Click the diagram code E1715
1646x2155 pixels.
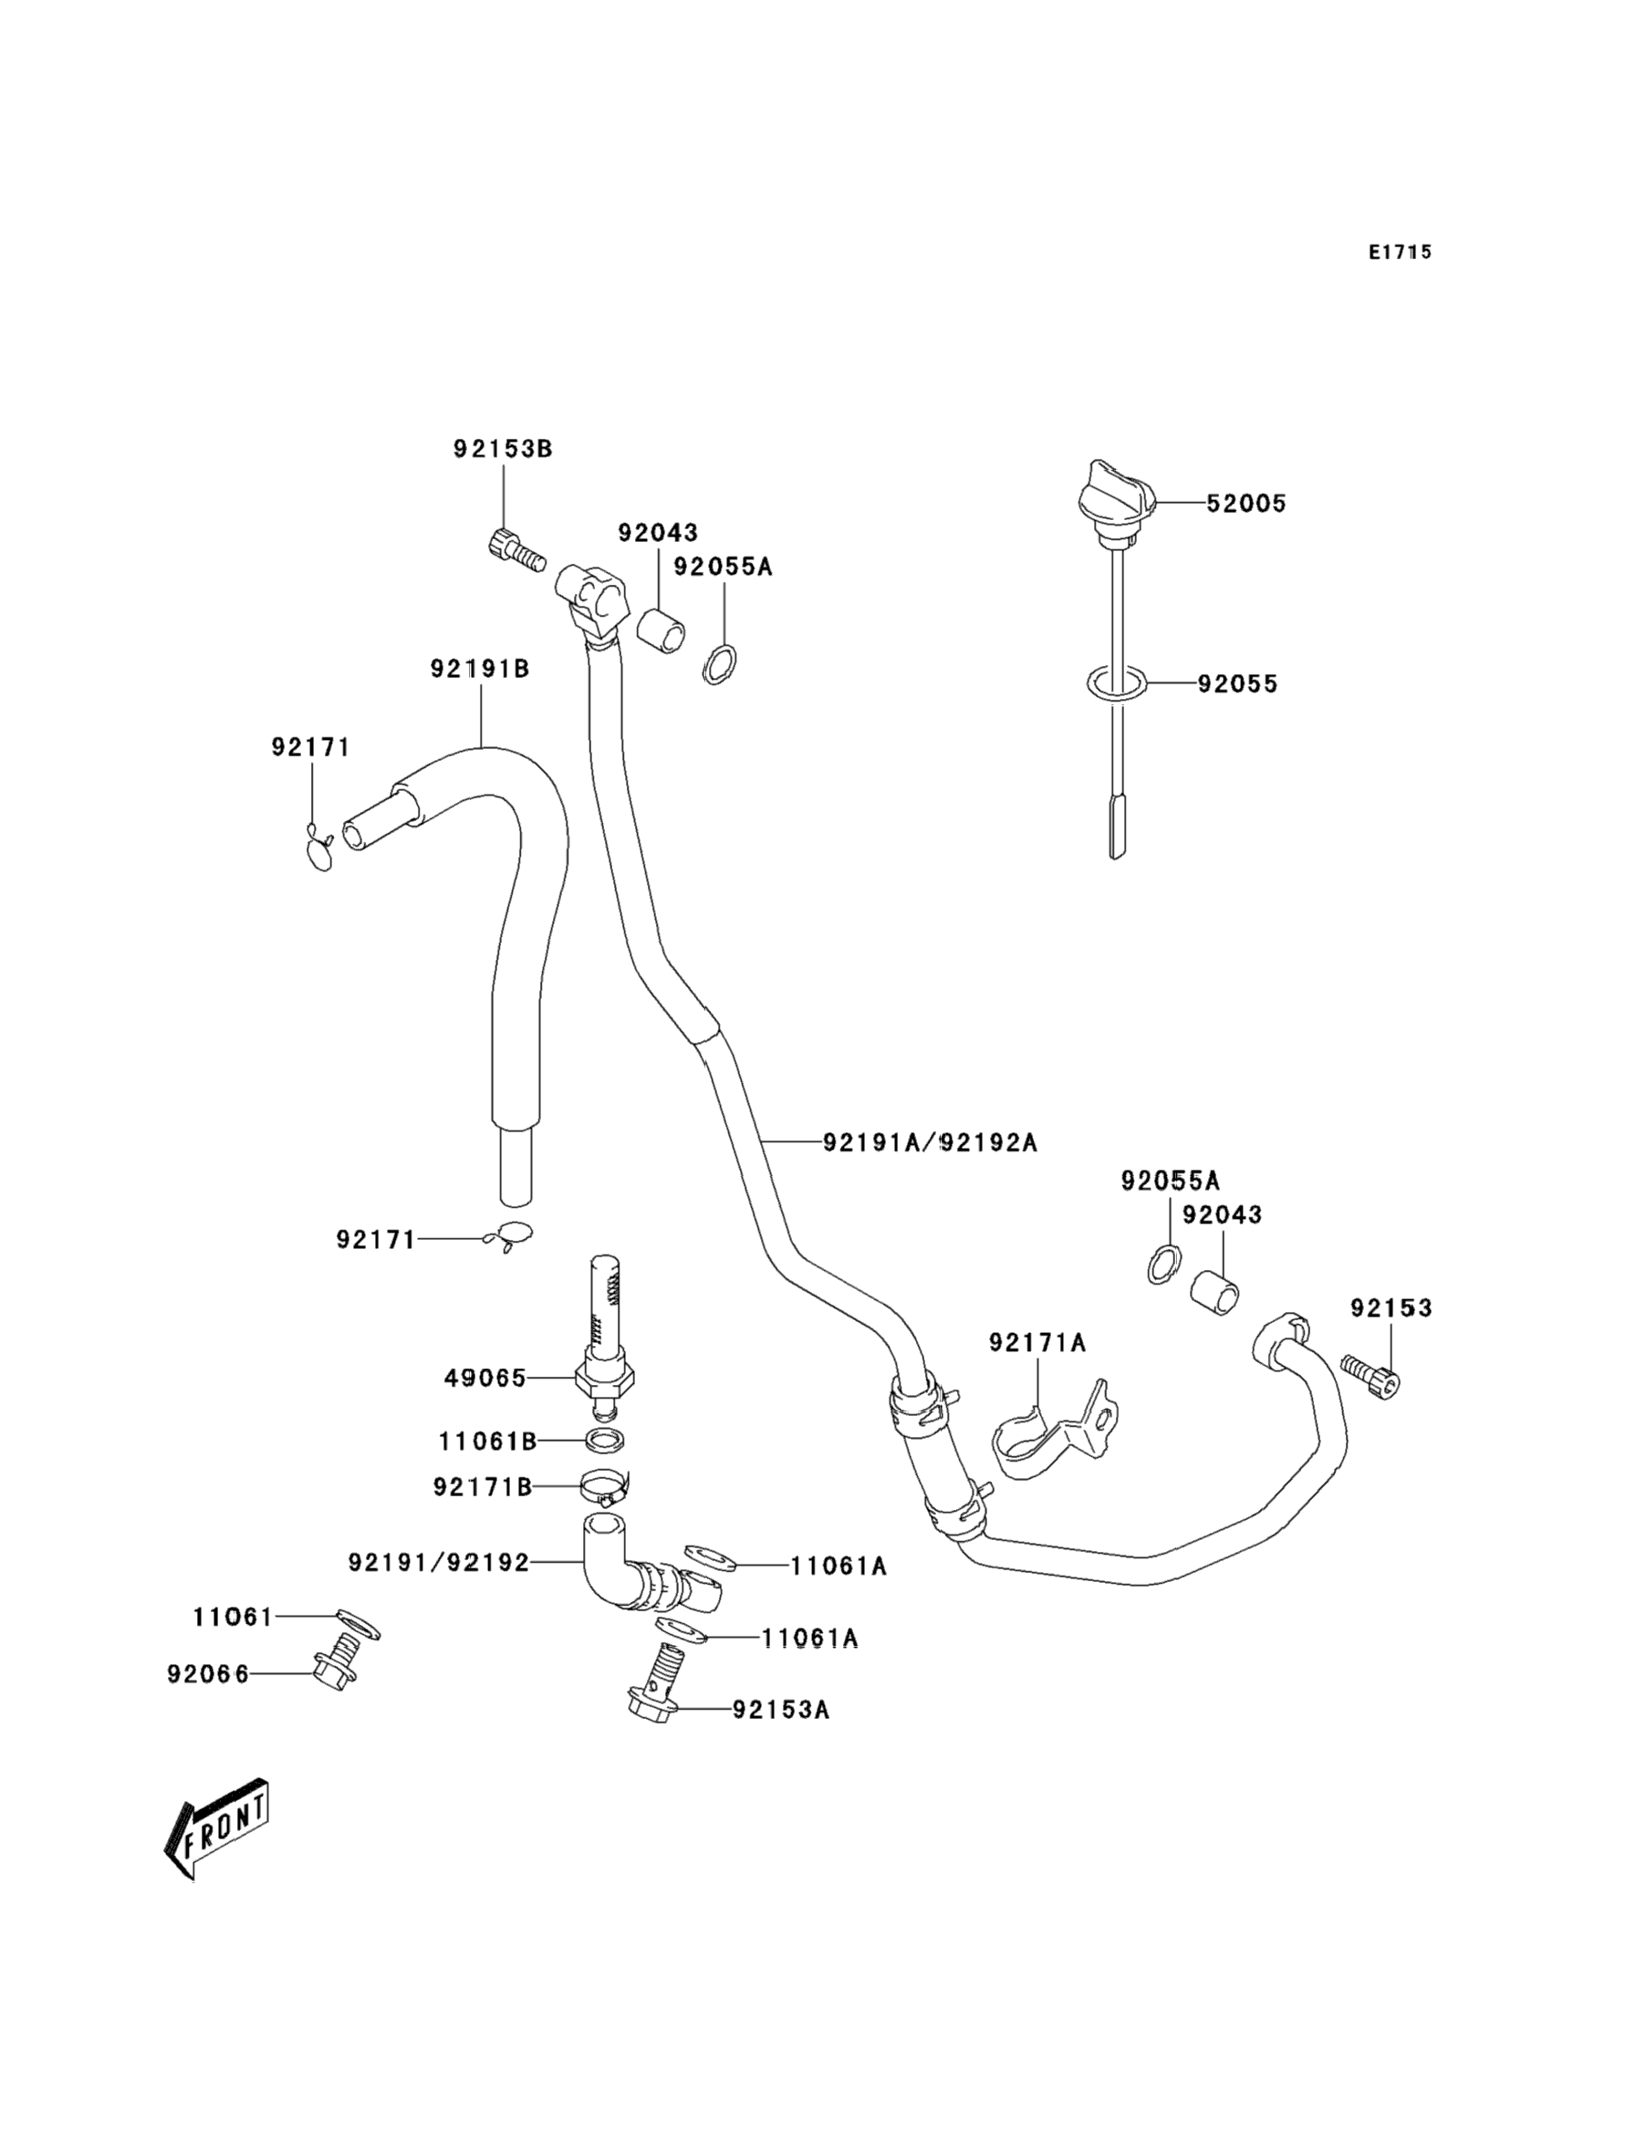pyautogui.click(x=1400, y=253)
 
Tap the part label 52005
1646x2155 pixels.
pyautogui.click(x=1245, y=504)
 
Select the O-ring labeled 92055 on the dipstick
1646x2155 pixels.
pyautogui.click(x=1116, y=684)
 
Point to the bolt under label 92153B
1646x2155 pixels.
pyautogui.click(x=515, y=548)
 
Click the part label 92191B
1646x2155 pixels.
pyautogui.click(x=480, y=669)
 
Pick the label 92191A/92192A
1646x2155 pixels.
pyautogui.click(x=930, y=1142)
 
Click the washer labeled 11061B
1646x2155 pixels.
pyautogui.click(x=605, y=1440)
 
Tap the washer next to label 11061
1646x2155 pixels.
pyautogui.click(x=359, y=1623)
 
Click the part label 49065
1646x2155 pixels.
pyautogui.click(x=485, y=1379)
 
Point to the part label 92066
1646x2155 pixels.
pyautogui.click(x=208, y=1674)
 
